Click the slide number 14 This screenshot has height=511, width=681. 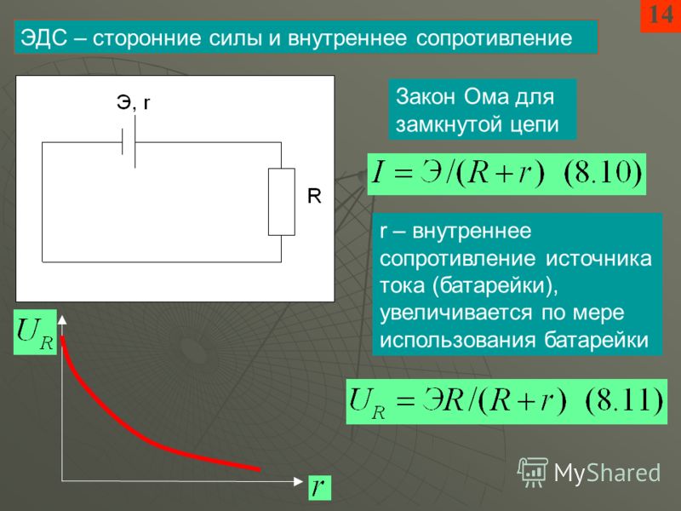(661, 14)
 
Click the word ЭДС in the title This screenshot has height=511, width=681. (44, 37)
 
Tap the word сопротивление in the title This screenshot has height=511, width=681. (495, 38)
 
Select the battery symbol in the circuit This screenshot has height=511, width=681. (129, 142)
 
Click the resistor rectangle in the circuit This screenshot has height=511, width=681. (282, 202)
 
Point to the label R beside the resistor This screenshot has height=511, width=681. (314, 196)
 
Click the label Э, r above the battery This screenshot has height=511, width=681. (134, 102)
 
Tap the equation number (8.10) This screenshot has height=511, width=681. (603, 173)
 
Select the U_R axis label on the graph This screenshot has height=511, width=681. (35, 333)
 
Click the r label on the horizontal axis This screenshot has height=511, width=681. (319, 486)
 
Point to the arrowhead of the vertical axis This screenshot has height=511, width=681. (62, 319)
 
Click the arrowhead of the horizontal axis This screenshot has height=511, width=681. (299, 481)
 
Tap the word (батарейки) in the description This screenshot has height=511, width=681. (495, 286)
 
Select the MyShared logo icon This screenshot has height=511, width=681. (533, 472)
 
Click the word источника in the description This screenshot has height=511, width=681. (598, 259)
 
